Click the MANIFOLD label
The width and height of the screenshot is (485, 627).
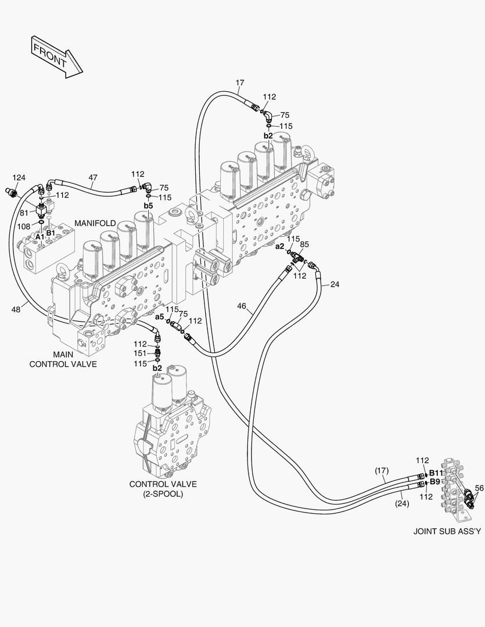point(95,223)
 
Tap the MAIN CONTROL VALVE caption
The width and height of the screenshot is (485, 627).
point(63,359)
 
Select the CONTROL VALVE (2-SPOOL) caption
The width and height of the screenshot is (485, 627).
point(163,489)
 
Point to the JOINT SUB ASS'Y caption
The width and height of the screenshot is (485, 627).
point(447,531)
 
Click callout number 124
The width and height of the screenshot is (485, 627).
point(19,178)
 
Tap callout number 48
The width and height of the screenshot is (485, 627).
point(16,309)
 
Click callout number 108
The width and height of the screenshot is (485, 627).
point(23,226)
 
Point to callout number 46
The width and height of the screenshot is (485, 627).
point(242,305)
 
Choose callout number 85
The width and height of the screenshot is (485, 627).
point(304,244)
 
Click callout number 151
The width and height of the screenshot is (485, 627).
point(140,354)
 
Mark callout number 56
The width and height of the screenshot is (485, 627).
point(479,488)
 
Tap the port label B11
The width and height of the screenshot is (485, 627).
point(436,473)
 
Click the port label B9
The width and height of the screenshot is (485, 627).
point(434,481)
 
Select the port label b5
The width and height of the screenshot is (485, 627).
point(148,206)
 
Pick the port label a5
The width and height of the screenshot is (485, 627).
point(159,316)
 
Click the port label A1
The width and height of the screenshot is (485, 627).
point(39,237)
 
